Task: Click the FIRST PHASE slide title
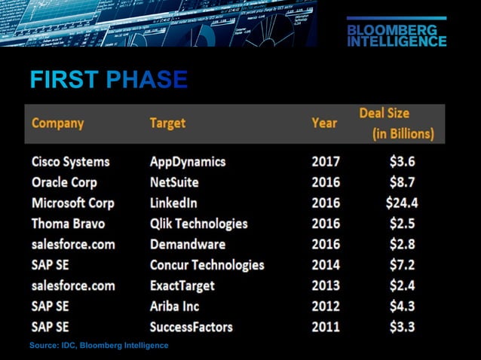(x=108, y=80)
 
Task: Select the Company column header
(x=57, y=123)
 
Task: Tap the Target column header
(x=167, y=123)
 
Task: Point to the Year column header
(x=325, y=123)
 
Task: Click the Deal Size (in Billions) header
(x=397, y=124)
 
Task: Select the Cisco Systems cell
(x=70, y=161)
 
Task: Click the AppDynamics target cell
(x=187, y=161)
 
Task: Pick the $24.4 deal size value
(x=400, y=203)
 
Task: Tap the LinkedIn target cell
(x=173, y=203)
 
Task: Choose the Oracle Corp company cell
(x=64, y=182)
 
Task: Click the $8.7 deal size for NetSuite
(x=400, y=182)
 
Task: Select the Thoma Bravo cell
(x=68, y=224)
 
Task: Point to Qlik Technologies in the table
(x=198, y=224)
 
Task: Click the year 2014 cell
(x=326, y=265)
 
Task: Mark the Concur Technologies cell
(x=207, y=265)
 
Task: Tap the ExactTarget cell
(x=182, y=285)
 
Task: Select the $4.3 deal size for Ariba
(x=400, y=307)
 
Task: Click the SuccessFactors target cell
(x=191, y=327)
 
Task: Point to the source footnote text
(x=98, y=345)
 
